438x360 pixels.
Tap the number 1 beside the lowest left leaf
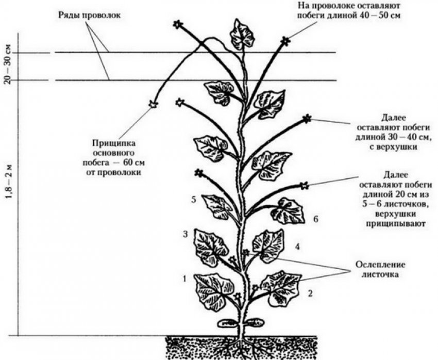coord(184,280)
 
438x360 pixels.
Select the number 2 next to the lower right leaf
coord(310,294)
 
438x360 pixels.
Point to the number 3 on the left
coord(184,235)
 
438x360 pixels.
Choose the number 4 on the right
coord(297,247)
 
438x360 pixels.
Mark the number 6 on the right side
coord(316,219)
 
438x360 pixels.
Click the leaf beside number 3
coord(211,247)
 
